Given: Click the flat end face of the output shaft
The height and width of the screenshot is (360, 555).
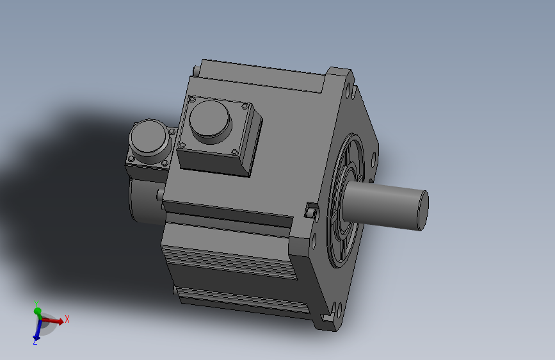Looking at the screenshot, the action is [423, 211].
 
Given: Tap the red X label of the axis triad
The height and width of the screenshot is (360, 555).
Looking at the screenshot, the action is [67, 319].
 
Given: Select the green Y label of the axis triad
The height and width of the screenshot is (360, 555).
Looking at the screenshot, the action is [36, 304].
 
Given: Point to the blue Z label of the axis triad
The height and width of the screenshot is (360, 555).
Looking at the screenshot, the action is [35, 342].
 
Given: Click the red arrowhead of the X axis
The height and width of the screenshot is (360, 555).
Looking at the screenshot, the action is [60, 322].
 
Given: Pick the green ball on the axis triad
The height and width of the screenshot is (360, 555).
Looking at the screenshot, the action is [37, 311].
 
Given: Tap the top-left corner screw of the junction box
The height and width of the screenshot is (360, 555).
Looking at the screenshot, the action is [193, 99].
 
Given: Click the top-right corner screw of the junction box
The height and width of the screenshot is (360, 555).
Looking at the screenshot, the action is [245, 106].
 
